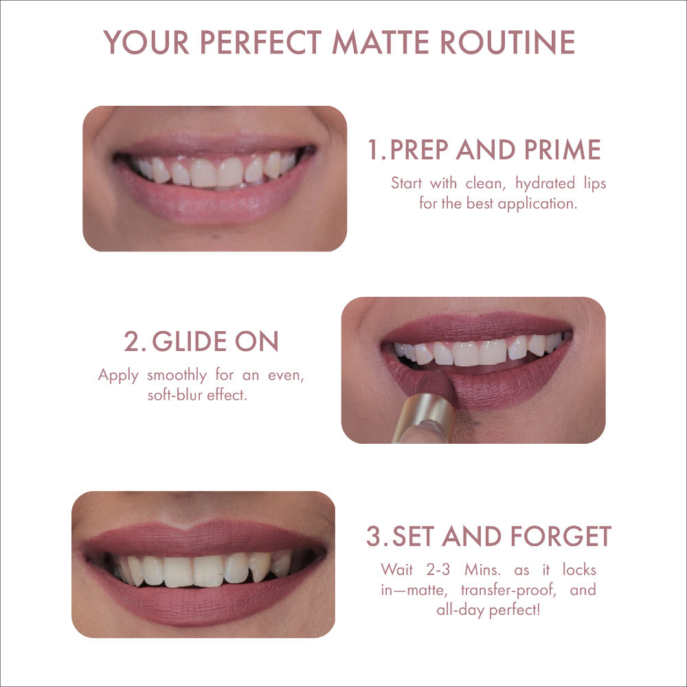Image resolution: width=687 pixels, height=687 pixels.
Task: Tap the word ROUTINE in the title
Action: coord(508,42)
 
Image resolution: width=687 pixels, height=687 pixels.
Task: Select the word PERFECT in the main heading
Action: coord(260,42)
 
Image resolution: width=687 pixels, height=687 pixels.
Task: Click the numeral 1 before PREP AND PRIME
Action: coord(373,150)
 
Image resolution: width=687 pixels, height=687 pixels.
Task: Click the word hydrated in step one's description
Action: coord(545,183)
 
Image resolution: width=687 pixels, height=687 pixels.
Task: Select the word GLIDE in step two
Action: coord(190,341)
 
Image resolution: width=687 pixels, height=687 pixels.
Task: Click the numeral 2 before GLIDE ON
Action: coord(131,341)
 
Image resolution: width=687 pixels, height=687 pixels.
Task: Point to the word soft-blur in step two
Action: coord(174,395)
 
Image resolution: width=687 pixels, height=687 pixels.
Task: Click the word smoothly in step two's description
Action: coord(177,376)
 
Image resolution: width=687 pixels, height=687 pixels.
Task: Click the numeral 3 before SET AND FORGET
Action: coord(374,537)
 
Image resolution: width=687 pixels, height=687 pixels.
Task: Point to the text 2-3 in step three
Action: coord(438,570)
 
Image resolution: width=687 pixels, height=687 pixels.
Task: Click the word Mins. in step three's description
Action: coord(482,570)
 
